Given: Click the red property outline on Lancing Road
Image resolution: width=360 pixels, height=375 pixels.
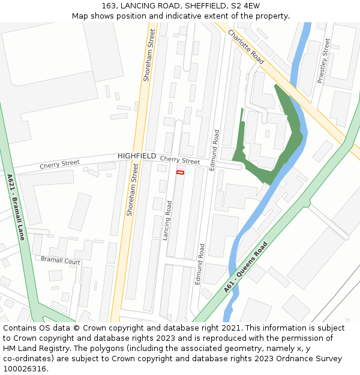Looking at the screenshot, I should [179, 173].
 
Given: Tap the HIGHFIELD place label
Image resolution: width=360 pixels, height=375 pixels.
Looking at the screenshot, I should [137, 156].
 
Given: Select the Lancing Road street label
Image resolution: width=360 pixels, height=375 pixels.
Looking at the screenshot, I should [167, 220].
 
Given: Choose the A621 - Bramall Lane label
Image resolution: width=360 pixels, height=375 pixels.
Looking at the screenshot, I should [16, 207].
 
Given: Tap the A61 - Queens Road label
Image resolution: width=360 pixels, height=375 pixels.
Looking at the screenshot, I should [245, 267].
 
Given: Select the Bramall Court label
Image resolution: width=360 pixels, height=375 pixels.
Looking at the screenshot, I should [60, 260].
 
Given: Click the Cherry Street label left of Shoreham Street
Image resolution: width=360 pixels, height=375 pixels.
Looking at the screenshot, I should [59, 164].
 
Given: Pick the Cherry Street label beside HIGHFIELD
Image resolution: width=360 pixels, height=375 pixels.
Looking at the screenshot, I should [180, 161].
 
